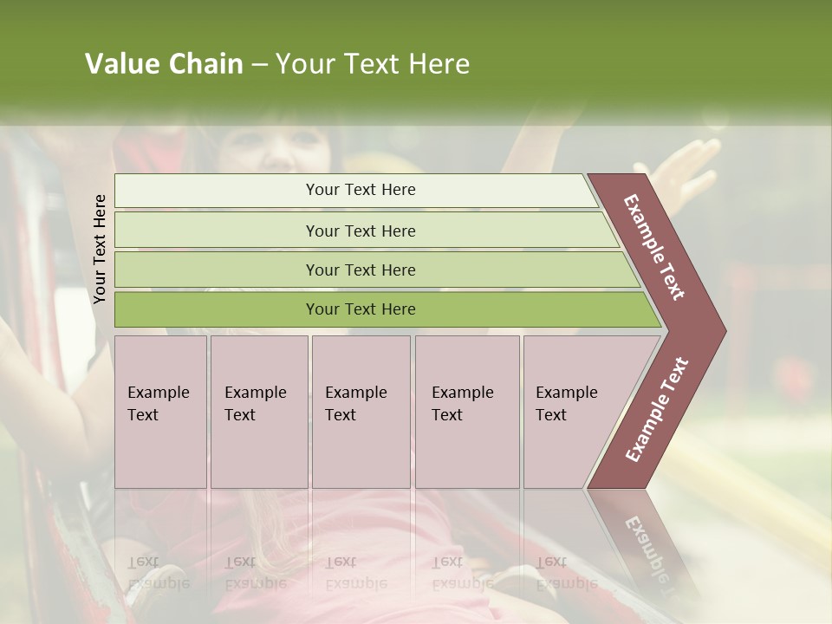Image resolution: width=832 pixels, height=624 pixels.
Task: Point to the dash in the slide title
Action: [x=259, y=65]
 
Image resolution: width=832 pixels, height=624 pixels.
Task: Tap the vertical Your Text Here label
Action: [x=100, y=249]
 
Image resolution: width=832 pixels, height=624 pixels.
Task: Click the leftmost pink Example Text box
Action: [x=160, y=412]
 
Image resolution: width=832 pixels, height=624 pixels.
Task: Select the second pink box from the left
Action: [x=259, y=412]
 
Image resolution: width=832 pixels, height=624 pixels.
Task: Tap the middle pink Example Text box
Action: [x=361, y=412]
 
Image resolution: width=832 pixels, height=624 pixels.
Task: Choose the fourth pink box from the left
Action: [x=467, y=412]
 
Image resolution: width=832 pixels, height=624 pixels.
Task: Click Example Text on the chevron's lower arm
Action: [x=657, y=410]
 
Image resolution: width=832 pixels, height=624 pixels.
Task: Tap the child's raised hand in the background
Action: [x=689, y=165]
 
